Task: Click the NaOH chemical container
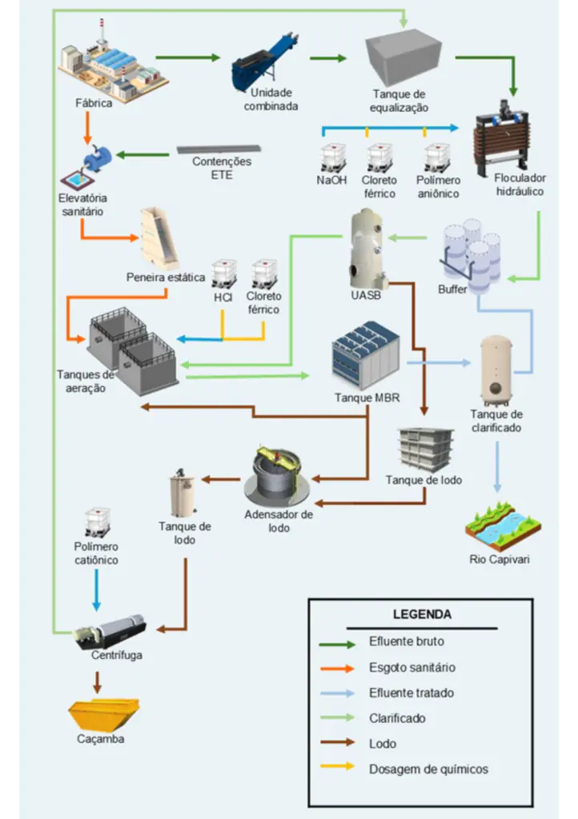tap(332, 158)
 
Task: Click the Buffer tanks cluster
tap(471, 253)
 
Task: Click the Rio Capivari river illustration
tap(503, 525)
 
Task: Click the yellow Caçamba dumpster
tap(103, 713)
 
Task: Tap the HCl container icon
tap(224, 274)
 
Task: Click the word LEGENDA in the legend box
tap(422, 615)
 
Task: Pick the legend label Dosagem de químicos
tap(428, 769)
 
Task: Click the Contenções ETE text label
tap(222, 167)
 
